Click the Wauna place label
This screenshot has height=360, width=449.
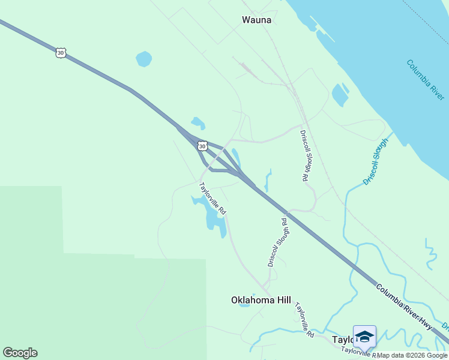pos(256,20)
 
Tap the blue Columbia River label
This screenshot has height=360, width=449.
pos(426,79)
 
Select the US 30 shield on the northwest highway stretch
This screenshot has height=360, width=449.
pos(60,53)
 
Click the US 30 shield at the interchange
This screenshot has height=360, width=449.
pos(202,146)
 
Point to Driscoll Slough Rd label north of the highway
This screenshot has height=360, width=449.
pos(304,155)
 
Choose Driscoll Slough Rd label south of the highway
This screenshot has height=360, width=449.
pos(277,242)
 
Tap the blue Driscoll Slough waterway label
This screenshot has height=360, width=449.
pos(376,161)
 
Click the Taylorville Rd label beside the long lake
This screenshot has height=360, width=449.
pos(212,198)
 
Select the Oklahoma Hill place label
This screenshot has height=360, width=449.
pos(261,300)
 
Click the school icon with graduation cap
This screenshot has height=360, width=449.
pos(364,336)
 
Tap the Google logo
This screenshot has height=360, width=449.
pos(20,353)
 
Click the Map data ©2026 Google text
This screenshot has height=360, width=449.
pos(412,355)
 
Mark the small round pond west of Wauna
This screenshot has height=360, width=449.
pos(143,59)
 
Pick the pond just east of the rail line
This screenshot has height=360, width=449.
pos(340,94)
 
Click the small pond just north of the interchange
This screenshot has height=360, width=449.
pos(197,123)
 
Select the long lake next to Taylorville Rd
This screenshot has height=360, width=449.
pos(213,216)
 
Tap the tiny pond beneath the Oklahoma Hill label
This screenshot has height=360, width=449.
pos(244,305)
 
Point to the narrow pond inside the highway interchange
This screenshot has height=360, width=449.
pos(237,158)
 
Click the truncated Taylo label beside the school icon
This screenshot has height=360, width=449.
pos(343,340)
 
